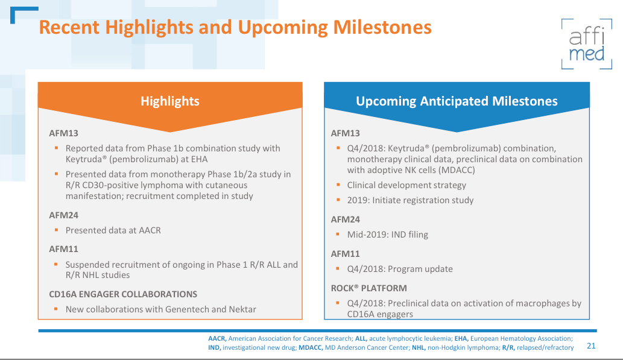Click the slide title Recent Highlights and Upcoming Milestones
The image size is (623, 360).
[235, 28]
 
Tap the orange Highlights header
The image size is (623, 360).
[169, 101]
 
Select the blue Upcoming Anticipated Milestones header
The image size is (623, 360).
[457, 101]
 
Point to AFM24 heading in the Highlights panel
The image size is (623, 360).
[64, 215]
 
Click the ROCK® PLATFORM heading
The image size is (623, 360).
[368, 288]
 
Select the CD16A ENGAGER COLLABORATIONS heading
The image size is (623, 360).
[123, 294]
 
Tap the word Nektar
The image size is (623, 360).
[242, 309]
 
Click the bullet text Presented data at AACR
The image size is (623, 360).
[113, 230]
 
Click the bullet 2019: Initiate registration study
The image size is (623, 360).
[410, 200]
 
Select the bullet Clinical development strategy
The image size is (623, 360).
[406, 185]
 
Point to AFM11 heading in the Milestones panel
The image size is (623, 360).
[345, 254]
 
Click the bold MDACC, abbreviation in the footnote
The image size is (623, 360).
[310, 348]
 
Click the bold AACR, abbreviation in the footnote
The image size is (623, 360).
[217, 339]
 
